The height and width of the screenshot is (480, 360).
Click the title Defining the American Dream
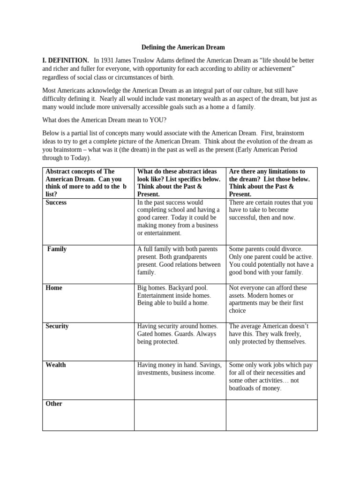tap(183, 47)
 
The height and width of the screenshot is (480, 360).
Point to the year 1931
tap(108, 60)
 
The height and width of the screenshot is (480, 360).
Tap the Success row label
tap(56, 202)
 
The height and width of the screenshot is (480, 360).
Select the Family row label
tap(57, 249)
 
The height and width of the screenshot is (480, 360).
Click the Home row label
tap(54, 288)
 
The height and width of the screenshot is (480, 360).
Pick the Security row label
tap(57, 326)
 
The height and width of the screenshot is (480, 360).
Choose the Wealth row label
tap(56, 365)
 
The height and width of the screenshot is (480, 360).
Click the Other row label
tap(54, 404)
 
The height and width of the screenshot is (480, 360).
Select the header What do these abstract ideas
tap(179, 183)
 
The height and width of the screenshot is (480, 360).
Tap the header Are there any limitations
tap(267, 183)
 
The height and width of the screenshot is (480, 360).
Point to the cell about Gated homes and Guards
tap(177, 334)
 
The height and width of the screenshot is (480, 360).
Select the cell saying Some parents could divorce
tap(271, 261)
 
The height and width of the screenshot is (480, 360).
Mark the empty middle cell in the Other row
tap(180, 415)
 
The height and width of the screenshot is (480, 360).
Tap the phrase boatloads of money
tap(255, 388)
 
